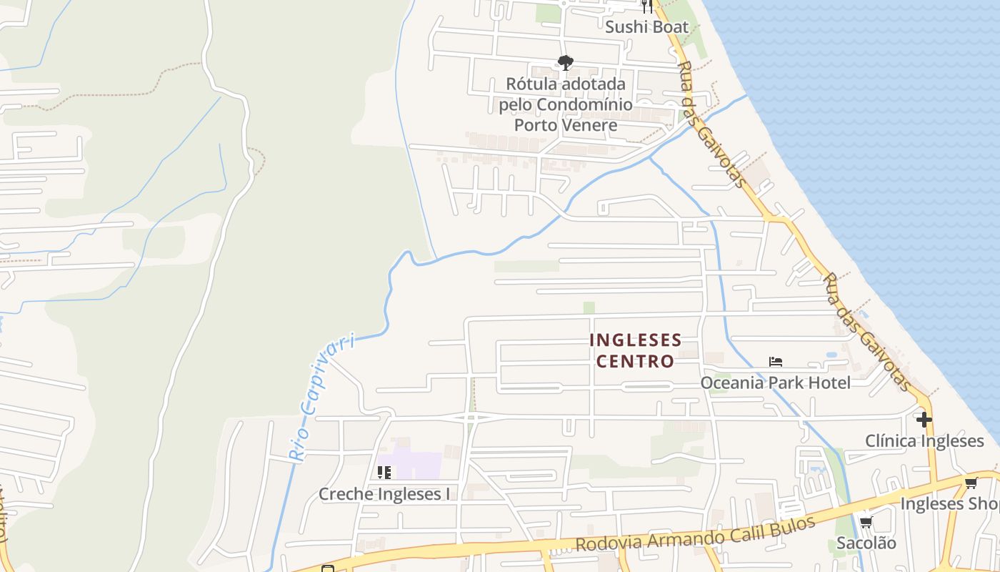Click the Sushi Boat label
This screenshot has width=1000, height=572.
646,27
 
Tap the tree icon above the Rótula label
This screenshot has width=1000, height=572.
566,63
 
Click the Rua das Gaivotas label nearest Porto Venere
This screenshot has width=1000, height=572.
710,123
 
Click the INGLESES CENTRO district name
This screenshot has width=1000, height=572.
635,350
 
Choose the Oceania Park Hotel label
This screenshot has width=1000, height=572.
775,383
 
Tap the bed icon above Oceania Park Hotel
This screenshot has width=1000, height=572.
776,362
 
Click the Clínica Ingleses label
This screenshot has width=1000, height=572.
924,440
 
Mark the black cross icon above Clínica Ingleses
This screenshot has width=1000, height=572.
924,419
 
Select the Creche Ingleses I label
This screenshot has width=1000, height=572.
384,494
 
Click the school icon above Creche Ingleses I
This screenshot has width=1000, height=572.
384,473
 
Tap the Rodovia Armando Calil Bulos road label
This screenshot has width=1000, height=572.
695,533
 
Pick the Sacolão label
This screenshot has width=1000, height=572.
866,543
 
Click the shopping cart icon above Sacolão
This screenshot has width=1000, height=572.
866,523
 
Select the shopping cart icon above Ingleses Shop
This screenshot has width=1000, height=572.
971,483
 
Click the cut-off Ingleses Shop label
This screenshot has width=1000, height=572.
949,503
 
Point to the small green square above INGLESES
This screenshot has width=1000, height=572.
589,307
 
